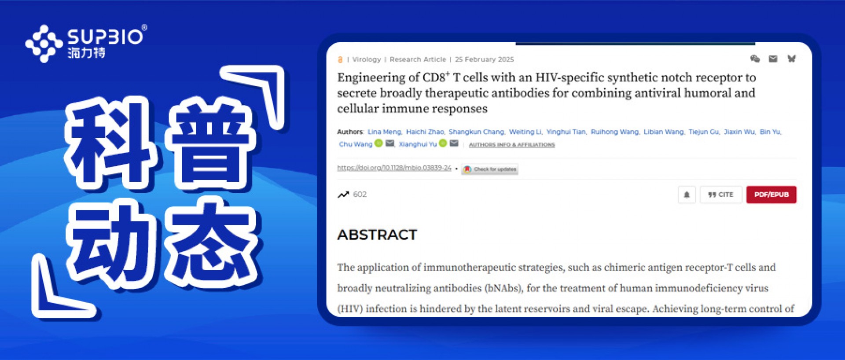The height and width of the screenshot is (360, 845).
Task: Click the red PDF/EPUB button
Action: [771, 195]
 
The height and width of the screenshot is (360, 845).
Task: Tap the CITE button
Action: [720, 195]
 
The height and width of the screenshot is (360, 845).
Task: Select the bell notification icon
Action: [687, 195]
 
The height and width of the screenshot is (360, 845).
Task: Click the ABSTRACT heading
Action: [377, 235]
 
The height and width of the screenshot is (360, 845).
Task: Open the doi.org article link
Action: [394, 168]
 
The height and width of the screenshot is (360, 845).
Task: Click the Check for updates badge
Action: [490, 169]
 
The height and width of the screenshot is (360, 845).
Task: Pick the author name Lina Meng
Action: [384, 132]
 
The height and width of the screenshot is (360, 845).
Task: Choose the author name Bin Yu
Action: [770, 132]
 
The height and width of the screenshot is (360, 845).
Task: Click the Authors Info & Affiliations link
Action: [512, 145]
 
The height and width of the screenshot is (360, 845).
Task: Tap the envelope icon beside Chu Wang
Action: [390, 143]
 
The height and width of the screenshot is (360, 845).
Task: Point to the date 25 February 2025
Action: [485, 59]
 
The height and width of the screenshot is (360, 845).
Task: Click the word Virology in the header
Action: [367, 59]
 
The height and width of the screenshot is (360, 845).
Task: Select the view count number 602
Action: [360, 194]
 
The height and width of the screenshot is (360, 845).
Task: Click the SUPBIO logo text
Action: [105, 36]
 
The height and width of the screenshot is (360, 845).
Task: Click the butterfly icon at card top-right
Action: [791, 59]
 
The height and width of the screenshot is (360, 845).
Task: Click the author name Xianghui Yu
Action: [418, 144]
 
